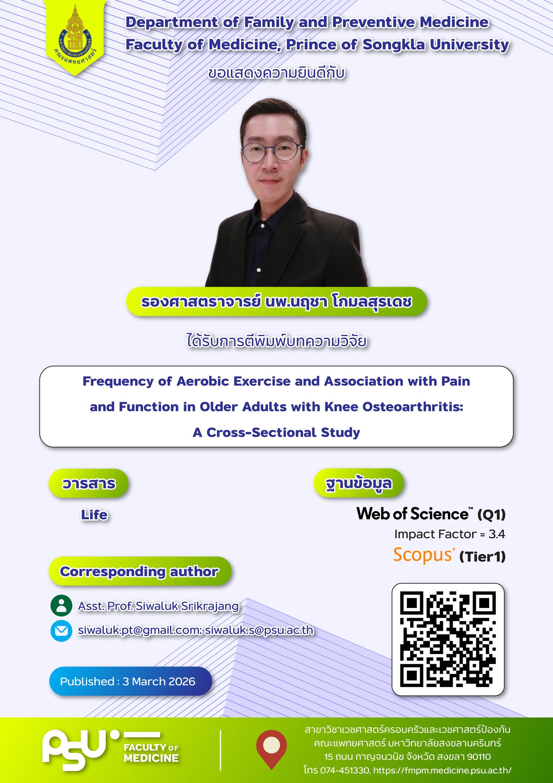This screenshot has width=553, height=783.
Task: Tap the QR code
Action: point(448,639)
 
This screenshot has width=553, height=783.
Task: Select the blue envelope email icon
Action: point(61,630)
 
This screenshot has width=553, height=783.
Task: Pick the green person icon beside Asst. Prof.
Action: point(61,606)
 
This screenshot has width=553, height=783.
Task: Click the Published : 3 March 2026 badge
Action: point(130,681)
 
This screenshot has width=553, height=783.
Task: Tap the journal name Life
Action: point(94,515)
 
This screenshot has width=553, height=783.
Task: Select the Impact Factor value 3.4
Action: point(497,534)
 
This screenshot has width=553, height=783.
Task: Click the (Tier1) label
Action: point(482,557)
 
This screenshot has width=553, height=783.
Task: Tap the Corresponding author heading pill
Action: point(140,571)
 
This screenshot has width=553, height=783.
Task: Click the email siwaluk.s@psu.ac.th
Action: point(259,630)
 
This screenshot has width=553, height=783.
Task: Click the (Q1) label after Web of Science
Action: point(492,515)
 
